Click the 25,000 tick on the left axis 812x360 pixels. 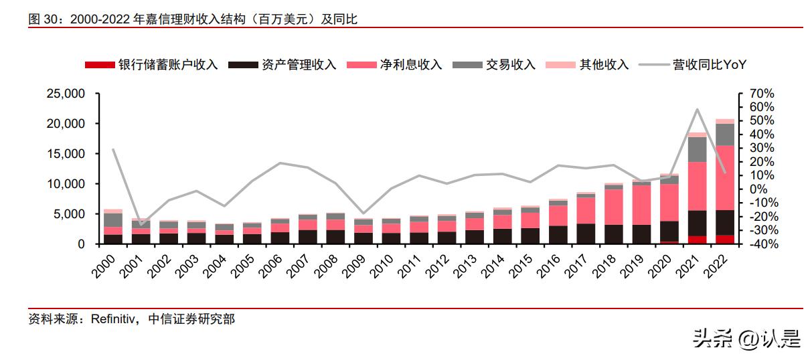click(x=65, y=94)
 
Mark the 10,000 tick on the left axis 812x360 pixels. click(x=65, y=184)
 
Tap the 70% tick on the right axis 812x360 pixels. click(x=758, y=94)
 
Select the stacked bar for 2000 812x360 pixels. click(x=113, y=228)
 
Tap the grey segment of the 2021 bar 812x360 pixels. click(x=697, y=149)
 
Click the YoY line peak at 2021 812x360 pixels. click(x=697, y=109)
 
